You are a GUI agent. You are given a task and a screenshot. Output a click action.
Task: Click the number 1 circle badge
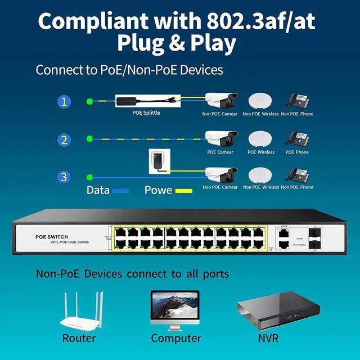(64, 102)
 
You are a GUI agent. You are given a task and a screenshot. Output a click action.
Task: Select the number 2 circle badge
(64, 139)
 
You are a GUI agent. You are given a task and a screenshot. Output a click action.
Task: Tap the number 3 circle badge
(64, 177)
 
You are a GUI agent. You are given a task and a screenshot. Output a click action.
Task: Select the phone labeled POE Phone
(296, 139)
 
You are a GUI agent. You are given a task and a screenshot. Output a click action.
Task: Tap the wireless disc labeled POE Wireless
(260, 138)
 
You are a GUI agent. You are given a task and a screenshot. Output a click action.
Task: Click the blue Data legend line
(121, 191)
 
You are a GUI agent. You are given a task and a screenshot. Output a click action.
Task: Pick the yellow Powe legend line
(183, 191)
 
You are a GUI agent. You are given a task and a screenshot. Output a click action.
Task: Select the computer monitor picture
(175, 308)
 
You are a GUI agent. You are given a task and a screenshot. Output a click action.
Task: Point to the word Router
(79, 338)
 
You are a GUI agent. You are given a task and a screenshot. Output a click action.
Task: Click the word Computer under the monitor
(175, 338)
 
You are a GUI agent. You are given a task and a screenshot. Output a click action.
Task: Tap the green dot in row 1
(89, 102)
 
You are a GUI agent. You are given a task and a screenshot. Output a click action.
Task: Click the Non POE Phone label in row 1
(297, 114)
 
